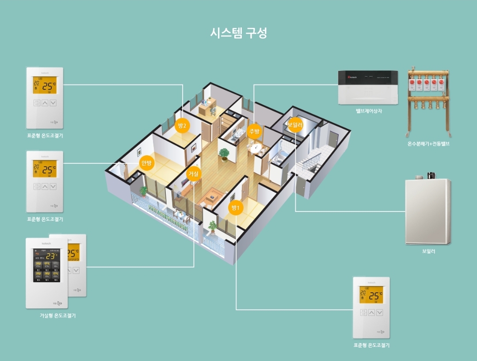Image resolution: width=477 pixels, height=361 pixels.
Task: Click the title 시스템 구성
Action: [238, 33]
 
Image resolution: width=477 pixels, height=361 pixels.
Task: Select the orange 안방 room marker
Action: [146, 163]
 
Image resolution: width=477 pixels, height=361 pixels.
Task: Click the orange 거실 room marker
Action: [194, 174]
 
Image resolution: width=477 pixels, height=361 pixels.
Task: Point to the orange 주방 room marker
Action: [254, 131]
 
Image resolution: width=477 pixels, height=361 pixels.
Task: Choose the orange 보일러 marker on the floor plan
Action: [295, 125]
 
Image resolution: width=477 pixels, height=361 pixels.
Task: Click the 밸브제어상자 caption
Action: [368, 111]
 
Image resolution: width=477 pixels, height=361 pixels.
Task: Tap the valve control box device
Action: [368, 88]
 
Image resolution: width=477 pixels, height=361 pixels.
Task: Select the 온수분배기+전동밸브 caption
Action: [428, 144]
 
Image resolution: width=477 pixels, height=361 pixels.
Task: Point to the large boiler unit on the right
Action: [428, 211]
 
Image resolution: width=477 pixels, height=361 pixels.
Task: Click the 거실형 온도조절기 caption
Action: [57, 315]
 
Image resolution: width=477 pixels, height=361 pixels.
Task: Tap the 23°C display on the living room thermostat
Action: [51, 256]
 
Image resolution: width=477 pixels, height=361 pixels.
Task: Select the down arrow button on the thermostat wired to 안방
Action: [53, 187]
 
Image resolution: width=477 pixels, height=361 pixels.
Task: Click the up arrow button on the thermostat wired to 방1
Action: [371, 312]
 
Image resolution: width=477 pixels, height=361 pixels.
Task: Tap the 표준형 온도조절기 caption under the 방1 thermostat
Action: [371, 345]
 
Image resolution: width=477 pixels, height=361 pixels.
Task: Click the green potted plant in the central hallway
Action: [224, 154]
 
